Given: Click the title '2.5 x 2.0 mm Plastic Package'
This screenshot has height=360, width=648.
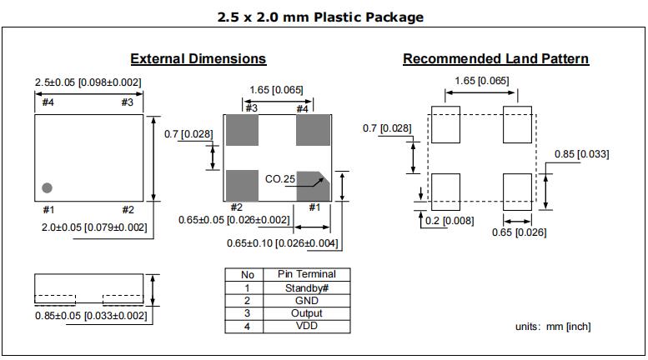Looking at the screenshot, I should point(320,17).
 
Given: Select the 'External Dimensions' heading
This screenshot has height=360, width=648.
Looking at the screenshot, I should point(198,59).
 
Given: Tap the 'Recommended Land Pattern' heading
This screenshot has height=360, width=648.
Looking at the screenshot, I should point(495,59).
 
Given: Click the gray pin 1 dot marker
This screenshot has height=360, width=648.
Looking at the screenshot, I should point(48,187).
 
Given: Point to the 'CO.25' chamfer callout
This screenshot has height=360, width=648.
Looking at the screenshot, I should point(280,179).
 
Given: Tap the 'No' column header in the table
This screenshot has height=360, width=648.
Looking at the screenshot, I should point(248,274).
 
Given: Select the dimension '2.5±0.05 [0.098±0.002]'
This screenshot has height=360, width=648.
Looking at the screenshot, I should point(88,82).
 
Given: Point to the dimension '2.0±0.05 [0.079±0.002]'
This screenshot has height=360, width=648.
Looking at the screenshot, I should point(93,227).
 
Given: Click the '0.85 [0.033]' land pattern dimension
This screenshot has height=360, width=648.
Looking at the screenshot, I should point(582,154).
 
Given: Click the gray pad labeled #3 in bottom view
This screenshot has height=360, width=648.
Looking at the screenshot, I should point(242,130).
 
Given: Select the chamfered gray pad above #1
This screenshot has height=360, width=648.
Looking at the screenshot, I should point(314,184).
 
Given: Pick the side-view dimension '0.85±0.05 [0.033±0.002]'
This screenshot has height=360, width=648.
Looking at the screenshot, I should point(91,315).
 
